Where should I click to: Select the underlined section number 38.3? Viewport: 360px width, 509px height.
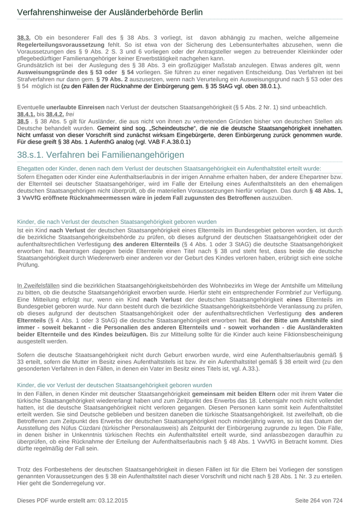point(24,38)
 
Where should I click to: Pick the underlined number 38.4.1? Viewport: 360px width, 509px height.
point(26,114)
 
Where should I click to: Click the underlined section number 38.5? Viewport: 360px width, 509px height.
point(23,121)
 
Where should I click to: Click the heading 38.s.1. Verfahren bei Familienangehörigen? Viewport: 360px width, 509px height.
point(100,155)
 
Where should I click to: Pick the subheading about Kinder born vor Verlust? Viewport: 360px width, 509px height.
point(114,385)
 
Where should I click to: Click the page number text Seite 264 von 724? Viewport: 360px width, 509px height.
point(318,500)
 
